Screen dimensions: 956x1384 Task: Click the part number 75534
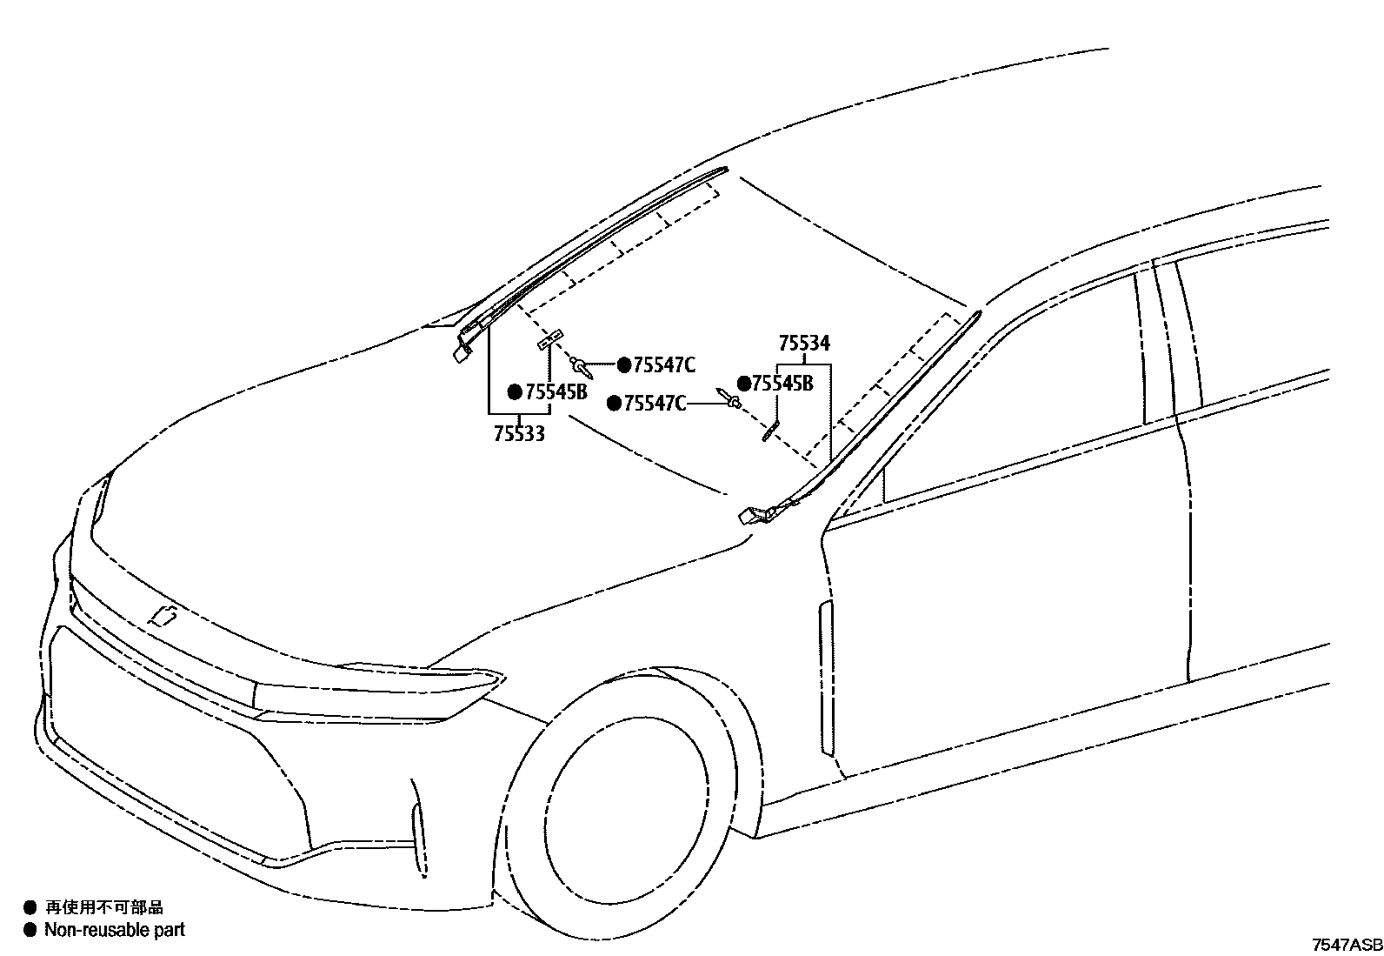(x=803, y=343)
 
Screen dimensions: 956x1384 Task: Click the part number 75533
(x=519, y=433)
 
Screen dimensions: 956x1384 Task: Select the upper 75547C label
(x=664, y=365)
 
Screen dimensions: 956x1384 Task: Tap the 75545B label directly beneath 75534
(x=782, y=384)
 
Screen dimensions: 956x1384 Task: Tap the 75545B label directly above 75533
(x=556, y=392)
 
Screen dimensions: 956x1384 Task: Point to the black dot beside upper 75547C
(x=622, y=365)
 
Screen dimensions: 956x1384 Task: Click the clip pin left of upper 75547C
(x=583, y=367)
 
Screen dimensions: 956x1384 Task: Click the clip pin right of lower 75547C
(x=729, y=398)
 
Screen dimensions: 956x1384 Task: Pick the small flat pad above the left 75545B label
(x=550, y=338)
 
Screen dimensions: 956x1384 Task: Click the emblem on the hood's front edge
(x=163, y=616)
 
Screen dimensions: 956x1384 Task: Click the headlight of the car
(x=374, y=692)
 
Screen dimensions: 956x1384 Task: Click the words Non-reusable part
(x=115, y=930)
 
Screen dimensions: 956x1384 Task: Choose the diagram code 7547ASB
(x=1347, y=945)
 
